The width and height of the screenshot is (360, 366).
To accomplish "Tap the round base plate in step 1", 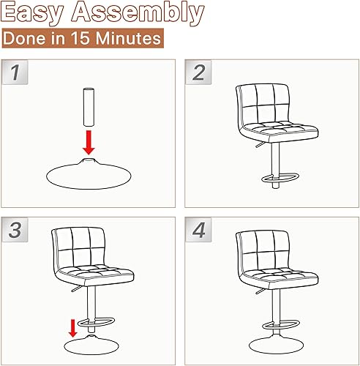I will [x=88, y=173].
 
